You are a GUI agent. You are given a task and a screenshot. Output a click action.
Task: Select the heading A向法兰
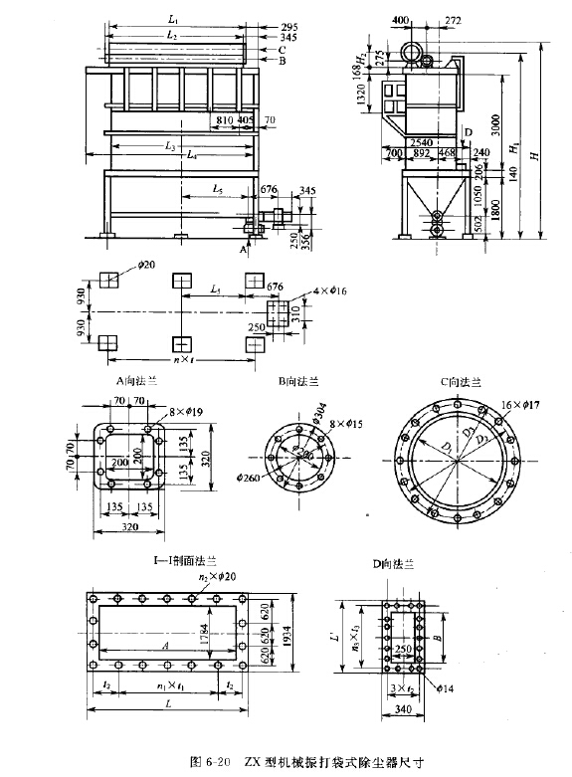[126, 379]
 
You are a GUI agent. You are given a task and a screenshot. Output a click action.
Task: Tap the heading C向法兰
[460, 379]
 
